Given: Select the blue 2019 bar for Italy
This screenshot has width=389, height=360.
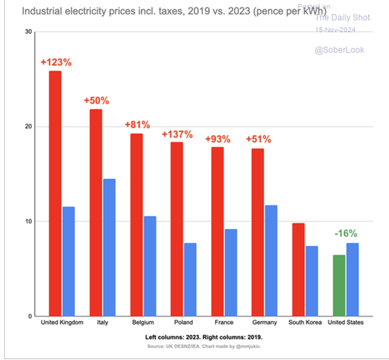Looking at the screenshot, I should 109,248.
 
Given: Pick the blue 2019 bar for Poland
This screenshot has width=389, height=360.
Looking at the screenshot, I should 190,280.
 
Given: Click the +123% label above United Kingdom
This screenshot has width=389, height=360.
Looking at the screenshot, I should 56,62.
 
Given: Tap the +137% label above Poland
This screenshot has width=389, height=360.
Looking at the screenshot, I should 177,135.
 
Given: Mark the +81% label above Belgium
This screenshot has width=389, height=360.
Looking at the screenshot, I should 137,124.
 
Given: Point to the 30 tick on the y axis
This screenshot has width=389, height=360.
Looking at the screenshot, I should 28,32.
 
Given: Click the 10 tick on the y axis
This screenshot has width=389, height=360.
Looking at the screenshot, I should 28,222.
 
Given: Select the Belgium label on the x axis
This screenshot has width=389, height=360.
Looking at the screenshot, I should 143,322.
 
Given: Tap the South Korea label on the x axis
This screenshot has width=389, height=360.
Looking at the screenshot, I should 305,322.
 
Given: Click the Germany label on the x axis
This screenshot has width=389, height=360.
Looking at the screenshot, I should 264,322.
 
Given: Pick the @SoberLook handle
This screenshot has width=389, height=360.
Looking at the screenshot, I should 340,50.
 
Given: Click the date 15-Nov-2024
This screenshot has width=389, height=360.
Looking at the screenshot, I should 336,30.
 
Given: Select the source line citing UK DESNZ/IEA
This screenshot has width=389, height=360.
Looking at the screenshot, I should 204,347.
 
